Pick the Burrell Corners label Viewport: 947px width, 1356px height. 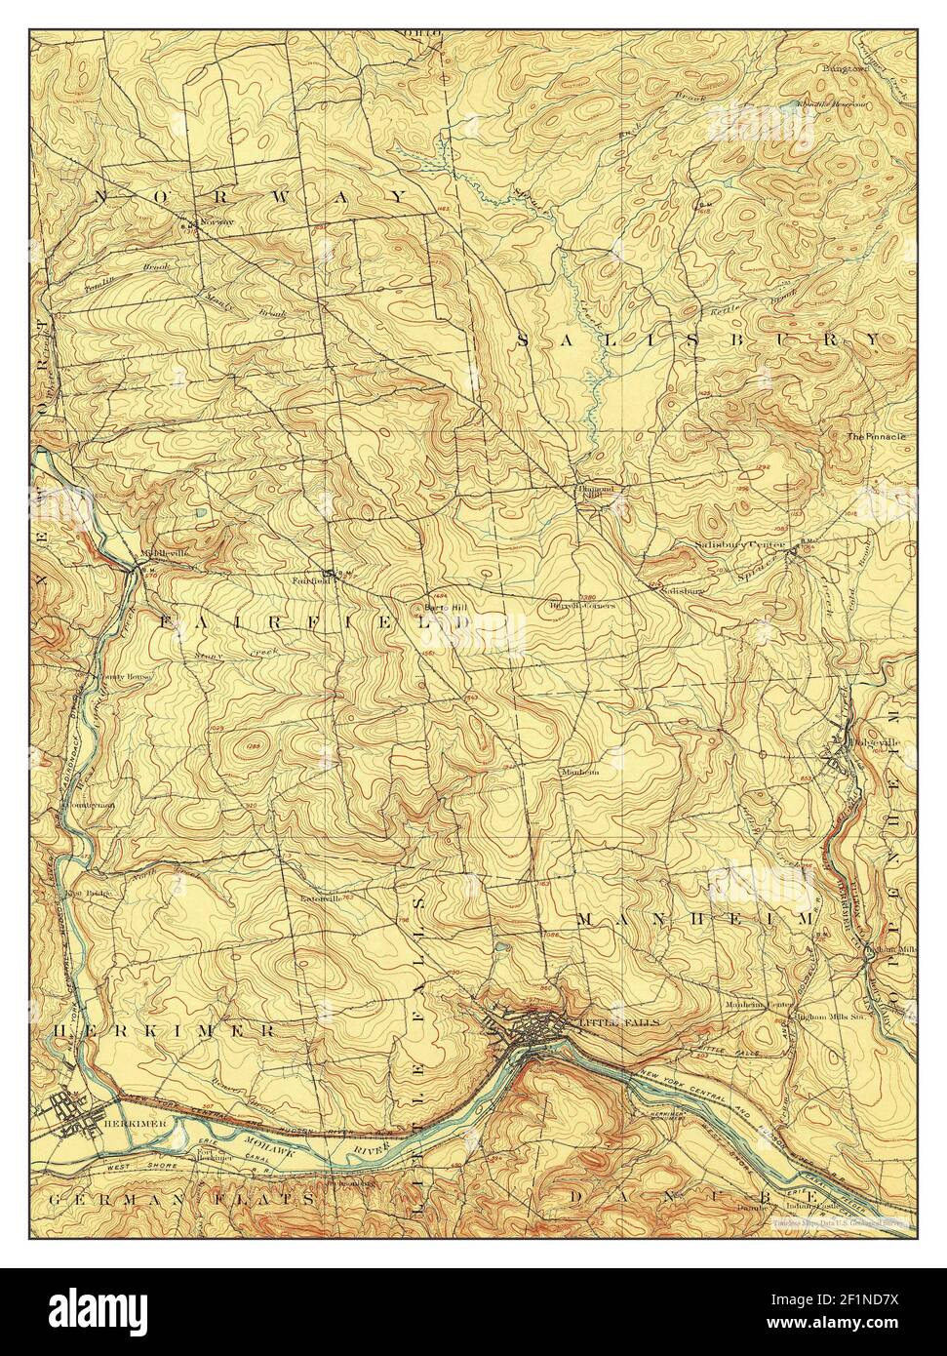pos(582,605)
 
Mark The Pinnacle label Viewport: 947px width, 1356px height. pos(876,436)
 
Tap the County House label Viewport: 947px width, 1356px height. pos(118,676)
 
